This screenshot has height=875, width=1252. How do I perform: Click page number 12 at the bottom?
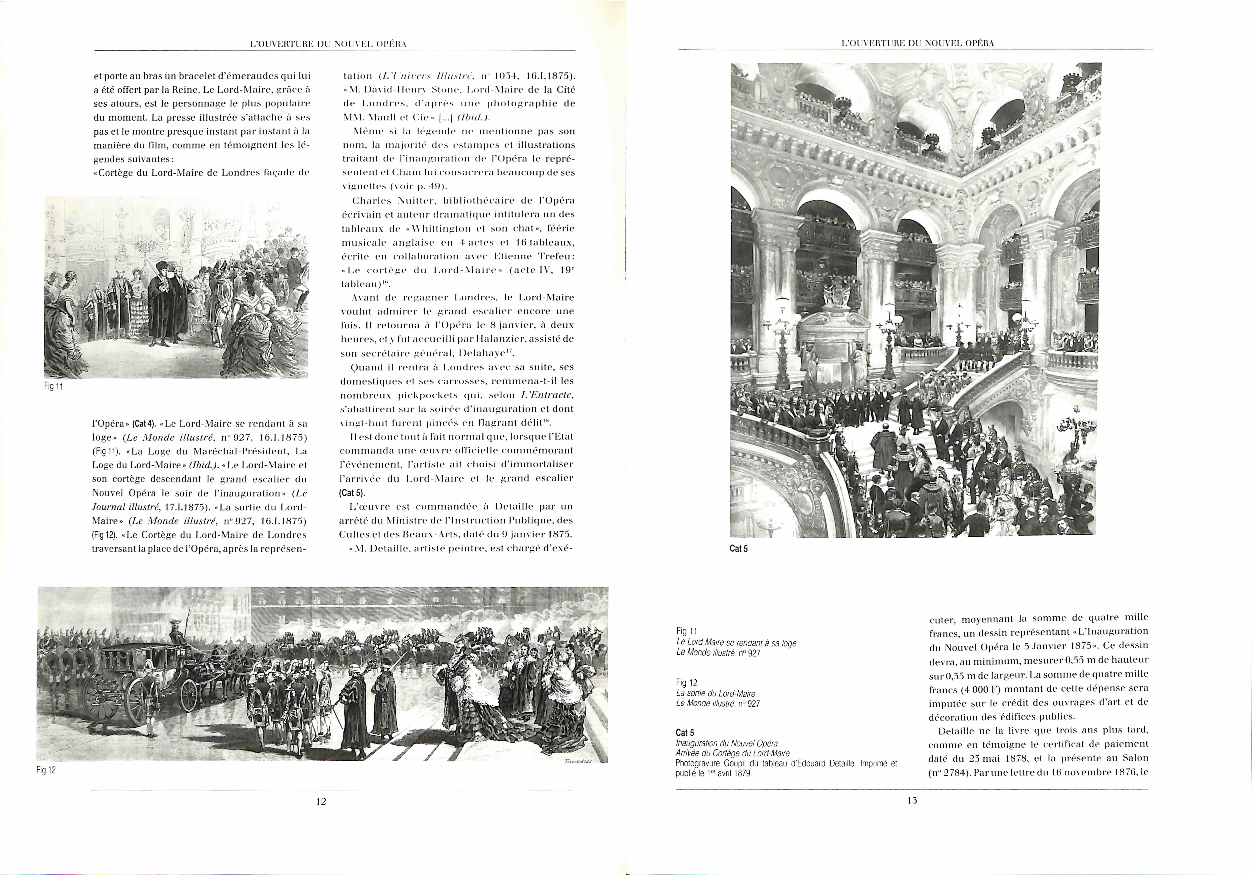321,801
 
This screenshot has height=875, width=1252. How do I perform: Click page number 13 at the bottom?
912,800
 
